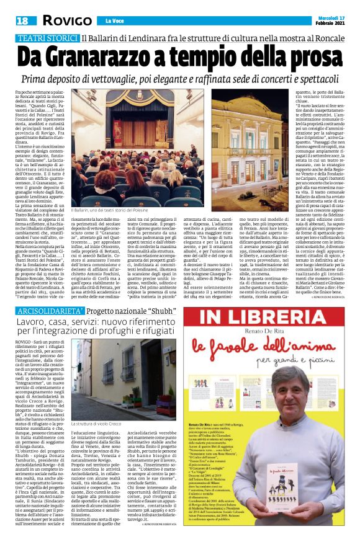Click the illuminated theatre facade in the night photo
click(248, 149)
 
